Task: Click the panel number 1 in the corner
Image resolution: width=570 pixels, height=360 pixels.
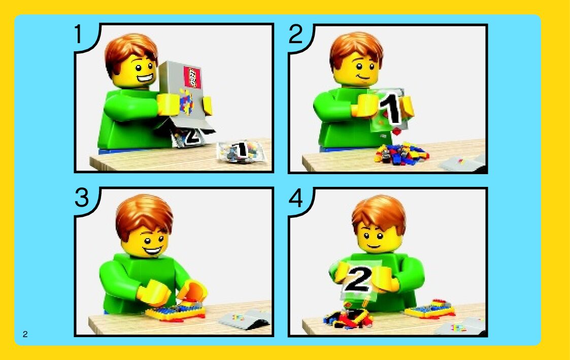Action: (79, 34)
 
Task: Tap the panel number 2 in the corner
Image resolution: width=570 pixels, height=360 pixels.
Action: (295, 34)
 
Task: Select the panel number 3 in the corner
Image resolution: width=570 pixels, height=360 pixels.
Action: (82, 198)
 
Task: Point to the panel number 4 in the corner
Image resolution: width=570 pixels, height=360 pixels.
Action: (295, 198)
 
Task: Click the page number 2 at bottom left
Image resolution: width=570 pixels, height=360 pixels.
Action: (25, 334)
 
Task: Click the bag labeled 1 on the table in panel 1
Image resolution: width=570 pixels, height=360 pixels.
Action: (241, 151)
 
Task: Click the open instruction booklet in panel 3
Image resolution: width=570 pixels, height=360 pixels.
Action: (245, 319)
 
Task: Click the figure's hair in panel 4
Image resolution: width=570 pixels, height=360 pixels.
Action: (379, 213)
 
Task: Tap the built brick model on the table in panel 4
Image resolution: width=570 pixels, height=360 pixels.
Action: (430, 309)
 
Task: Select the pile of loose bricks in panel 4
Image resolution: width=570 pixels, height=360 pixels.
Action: (348, 319)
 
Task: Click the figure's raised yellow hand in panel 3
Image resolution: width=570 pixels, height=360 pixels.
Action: (192, 291)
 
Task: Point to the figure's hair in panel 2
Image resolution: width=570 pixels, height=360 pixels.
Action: (356, 50)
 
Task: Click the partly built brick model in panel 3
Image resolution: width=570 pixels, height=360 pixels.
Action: (175, 311)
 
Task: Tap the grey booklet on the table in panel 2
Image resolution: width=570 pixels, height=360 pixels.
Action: (462, 164)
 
